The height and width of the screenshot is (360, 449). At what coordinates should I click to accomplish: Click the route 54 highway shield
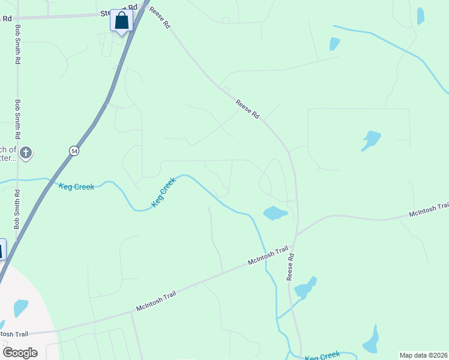[74, 151]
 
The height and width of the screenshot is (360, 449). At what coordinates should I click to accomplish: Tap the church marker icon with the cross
[25, 153]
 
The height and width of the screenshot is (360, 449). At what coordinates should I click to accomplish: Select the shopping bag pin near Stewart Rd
[121, 21]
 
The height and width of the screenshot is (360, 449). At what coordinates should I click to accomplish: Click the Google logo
[20, 352]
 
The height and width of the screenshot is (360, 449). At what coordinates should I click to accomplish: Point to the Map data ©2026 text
[423, 355]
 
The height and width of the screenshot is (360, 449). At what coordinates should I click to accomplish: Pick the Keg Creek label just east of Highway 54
[76, 187]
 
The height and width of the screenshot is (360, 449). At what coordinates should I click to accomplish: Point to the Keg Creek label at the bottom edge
[322, 356]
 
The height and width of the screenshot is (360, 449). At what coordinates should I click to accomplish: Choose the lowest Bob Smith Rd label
[17, 210]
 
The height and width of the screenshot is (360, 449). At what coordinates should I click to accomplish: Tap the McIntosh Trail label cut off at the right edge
[429, 210]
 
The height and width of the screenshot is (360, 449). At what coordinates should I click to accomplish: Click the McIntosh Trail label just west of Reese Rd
[268, 257]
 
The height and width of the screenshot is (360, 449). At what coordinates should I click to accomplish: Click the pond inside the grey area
[20, 308]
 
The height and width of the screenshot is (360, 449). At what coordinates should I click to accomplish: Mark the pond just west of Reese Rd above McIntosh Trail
[275, 213]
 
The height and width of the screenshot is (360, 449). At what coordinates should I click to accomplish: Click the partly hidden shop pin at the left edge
[2, 249]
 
